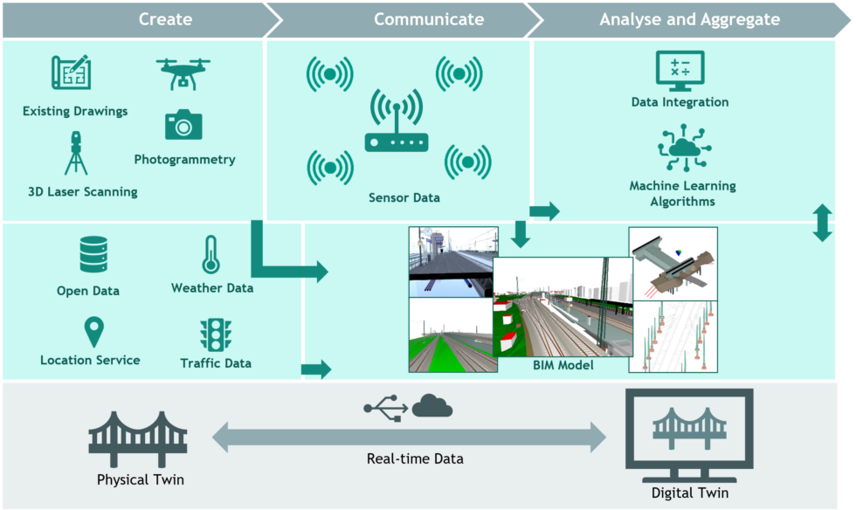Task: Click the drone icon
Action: tap(183, 73)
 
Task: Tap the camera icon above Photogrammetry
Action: tap(183, 125)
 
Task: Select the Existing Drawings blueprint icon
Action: tap(71, 72)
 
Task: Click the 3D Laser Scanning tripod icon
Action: tap(76, 153)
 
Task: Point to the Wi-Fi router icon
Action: tap(397, 121)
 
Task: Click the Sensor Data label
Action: tap(404, 197)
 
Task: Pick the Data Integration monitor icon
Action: tap(680, 71)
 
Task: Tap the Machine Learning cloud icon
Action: tap(684, 148)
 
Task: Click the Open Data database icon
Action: tap(93, 254)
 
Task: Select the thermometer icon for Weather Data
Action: tap(211, 254)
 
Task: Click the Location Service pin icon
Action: tap(94, 332)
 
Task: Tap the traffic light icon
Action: tap(216, 334)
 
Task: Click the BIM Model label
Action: tap(563, 365)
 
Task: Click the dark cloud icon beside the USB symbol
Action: tap(432, 406)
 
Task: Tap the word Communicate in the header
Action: tap(429, 19)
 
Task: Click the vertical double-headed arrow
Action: tap(822, 223)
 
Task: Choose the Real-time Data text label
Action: tap(415, 458)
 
